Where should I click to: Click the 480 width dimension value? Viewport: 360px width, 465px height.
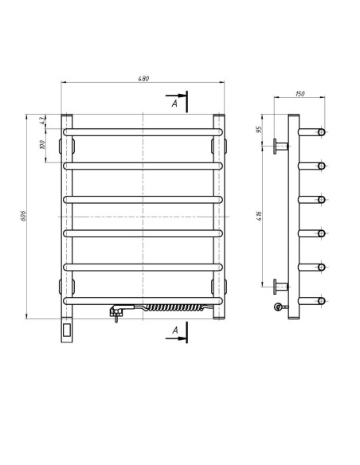(x=143, y=79)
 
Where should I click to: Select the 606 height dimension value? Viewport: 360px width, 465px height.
(x=24, y=216)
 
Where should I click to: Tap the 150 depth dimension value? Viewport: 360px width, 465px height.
(x=300, y=94)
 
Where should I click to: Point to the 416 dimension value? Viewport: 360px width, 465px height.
(x=259, y=216)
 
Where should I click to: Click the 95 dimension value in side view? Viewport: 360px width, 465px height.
(x=259, y=130)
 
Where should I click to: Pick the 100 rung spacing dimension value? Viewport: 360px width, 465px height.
(x=41, y=145)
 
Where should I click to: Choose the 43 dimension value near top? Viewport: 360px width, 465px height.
(x=41, y=120)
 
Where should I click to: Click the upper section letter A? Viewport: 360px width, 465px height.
(x=174, y=104)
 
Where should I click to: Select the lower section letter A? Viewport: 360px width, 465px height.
(x=175, y=330)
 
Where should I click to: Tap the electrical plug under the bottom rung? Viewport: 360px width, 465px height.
(x=116, y=312)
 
